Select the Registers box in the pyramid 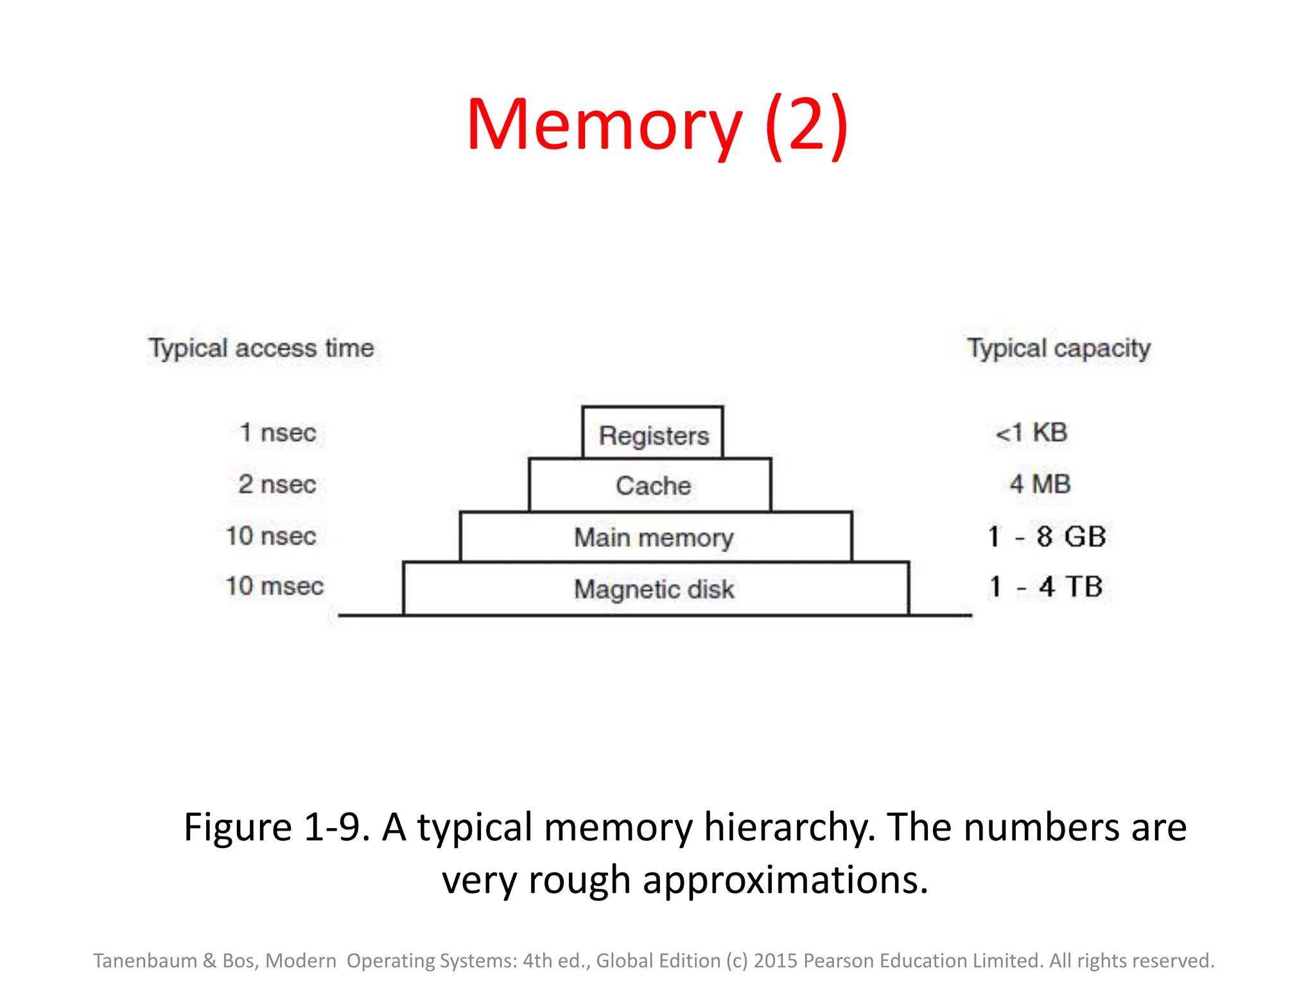653,434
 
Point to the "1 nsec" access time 277,433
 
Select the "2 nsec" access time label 277,484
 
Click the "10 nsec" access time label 271,536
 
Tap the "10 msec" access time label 274,586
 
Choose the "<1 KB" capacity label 1031,433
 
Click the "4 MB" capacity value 1040,484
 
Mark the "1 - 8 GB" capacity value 1047,537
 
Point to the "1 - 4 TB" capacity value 1046,587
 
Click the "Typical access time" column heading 261,349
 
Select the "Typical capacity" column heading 1059,349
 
